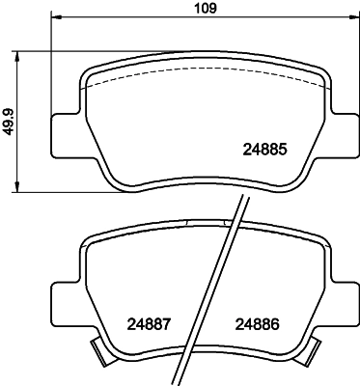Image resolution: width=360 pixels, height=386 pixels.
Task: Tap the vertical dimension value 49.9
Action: tap(9, 120)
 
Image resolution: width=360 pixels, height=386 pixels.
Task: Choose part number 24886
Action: tap(258, 324)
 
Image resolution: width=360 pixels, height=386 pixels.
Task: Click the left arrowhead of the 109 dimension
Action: tap(55, 18)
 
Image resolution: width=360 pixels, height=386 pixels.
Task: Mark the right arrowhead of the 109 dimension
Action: tap(352, 18)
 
